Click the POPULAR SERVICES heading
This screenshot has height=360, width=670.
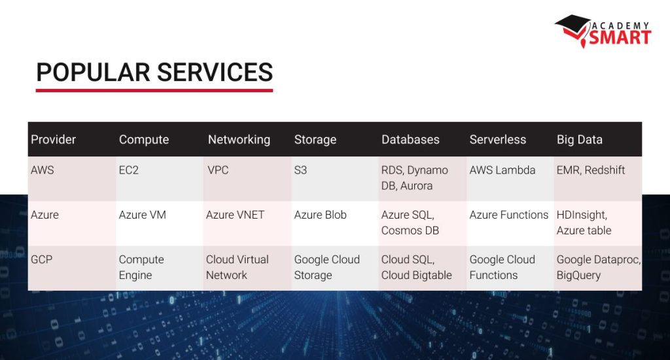tap(154, 72)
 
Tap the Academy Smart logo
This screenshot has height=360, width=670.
tap(604, 31)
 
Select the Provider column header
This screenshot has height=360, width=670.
tap(53, 139)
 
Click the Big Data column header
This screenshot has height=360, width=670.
tap(579, 139)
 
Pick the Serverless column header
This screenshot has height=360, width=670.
tap(497, 139)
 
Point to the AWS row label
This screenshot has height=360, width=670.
tap(43, 170)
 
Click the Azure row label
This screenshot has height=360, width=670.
tap(44, 215)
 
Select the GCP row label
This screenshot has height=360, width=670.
tap(41, 259)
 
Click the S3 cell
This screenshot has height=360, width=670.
tap(300, 170)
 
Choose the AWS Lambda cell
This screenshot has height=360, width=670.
tap(502, 170)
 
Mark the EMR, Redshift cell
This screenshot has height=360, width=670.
tap(590, 170)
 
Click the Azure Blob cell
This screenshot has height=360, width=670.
tap(320, 215)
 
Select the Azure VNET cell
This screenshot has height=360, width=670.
tap(235, 215)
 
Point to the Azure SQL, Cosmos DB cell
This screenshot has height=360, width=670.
tap(410, 223)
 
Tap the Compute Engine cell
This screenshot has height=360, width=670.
tap(141, 267)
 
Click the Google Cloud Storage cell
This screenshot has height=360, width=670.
tap(326, 267)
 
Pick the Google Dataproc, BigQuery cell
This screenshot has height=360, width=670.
tap(598, 267)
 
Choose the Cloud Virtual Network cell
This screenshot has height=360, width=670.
tap(237, 267)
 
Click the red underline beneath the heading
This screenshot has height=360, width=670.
tap(154, 90)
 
